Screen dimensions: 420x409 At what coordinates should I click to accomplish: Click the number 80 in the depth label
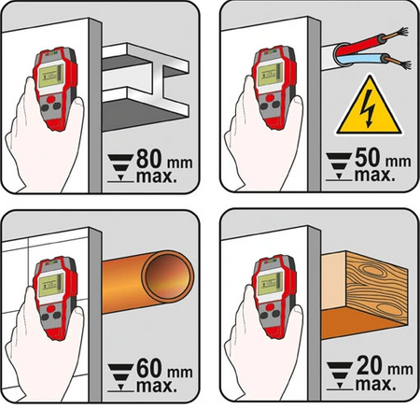pos(150,159)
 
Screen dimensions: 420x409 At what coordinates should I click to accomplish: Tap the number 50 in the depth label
pos(369,157)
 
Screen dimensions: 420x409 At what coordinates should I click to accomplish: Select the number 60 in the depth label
pos(150,368)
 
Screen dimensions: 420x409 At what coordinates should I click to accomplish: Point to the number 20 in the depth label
pos(370,365)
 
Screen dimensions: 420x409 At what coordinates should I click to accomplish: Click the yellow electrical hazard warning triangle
pos(369,106)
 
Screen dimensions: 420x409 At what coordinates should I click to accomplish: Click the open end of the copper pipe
pos(167,277)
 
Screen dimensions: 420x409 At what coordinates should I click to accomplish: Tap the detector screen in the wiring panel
pos(270,74)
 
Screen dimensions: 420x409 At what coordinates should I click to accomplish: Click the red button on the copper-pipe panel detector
pos(51,308)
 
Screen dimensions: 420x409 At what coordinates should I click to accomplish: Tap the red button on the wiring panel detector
pos(271,98)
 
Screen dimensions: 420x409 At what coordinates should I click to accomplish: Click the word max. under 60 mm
pos(157,386)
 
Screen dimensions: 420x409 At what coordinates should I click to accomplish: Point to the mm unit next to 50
pos(399,162)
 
